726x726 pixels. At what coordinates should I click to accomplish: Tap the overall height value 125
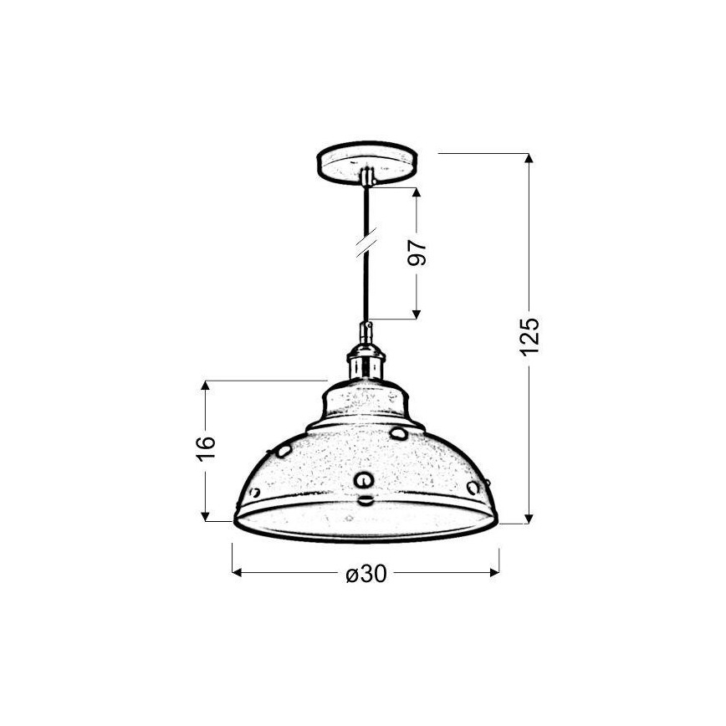[x=529, y=335]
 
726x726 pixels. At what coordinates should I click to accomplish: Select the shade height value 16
[x=208, y=447]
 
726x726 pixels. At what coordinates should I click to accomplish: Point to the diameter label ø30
[x=366, y=575]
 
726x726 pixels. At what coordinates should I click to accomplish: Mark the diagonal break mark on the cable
[x=366, y=243]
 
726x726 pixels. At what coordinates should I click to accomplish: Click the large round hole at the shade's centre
[x=364, y=479]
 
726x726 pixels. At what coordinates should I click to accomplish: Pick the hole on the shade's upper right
[x=399, y=433]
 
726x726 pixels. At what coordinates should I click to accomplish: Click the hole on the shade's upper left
[x=284, y=451]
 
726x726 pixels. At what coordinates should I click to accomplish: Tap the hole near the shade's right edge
[x=473, y=487]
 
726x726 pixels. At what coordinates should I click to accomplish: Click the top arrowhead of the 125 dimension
[x=529, y=159]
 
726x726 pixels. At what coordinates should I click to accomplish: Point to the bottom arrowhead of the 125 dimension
[x=529, y=518]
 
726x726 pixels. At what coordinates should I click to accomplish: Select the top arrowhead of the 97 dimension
[x=416, y=192]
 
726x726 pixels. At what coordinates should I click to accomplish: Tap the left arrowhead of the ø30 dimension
[x=237, y=573]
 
